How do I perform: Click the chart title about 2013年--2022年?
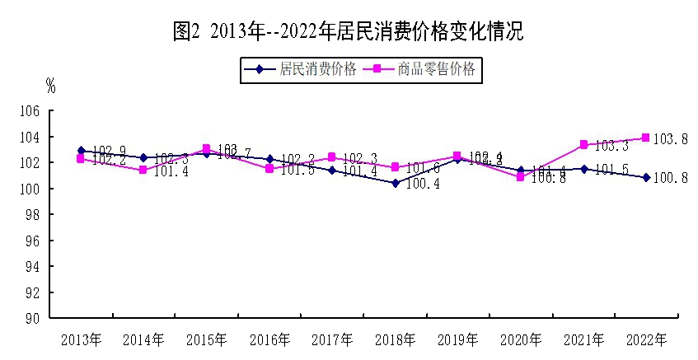349,32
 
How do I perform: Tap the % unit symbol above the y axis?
50,85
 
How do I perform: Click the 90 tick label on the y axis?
33,318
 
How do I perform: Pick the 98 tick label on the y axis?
33,214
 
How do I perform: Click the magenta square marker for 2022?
646,138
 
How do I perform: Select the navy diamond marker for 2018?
395,183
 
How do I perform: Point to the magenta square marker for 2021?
583,144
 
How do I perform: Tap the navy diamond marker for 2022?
646,177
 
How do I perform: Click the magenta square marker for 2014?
143,170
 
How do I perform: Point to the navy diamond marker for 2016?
269,159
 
